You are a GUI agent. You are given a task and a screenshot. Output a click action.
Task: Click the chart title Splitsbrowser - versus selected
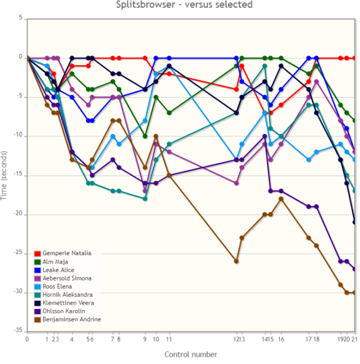click(x=184, y=5)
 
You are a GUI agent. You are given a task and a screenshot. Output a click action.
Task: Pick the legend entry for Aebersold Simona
click(x=66, y=278)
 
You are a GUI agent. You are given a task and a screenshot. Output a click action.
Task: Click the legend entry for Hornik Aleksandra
click(x=67, y=294)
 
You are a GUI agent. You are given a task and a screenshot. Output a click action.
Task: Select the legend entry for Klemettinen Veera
click(x=67, y=303)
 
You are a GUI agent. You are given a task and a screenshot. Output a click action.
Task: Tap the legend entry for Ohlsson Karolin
click(x=63, y=311)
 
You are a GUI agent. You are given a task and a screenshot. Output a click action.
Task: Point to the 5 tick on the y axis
click(x=20, y=18)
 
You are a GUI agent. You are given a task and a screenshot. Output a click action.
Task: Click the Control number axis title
click(x=190, y=354)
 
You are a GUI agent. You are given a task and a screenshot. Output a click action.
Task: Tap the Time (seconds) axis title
click(x=5, y=175)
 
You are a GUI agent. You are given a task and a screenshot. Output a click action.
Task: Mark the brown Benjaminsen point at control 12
click(x=236, y=261)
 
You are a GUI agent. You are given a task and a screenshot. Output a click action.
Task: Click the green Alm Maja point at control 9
click(x=145, y=136)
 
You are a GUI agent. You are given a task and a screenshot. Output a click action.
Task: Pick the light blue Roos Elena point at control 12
click(x=236, y=159)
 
